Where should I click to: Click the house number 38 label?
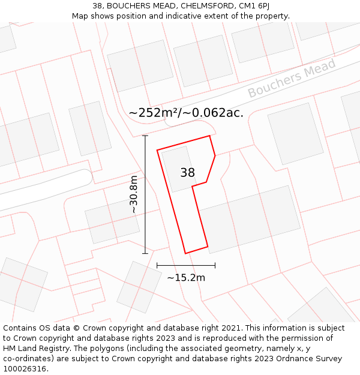click(187, 173)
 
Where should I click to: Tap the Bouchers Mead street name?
click(292, 79)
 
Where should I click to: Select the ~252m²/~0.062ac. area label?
click(186, 113)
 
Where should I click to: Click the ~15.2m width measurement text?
click(186, 277)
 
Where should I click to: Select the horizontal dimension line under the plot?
click(186, 265)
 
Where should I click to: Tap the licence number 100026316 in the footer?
click(26, 369)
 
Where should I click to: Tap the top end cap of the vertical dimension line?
click(145, 136)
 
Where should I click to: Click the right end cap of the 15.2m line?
click(215, 265)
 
